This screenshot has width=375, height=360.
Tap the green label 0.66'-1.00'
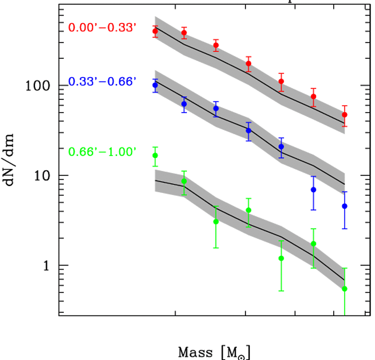tap(102, 152)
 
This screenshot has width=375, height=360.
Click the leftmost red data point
tap(155, 31)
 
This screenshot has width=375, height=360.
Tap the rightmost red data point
tap(345, 115)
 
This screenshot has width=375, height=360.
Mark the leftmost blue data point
tap(155, 85)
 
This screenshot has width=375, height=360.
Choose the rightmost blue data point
tap(345, 206)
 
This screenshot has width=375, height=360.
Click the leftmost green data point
tap(155, 155)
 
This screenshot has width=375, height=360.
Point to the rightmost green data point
tap(345, 289)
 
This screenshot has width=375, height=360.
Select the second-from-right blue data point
tap(313, 190)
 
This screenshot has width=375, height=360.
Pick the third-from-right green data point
tap(281, 258)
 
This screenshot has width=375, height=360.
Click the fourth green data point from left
tap(248, 210)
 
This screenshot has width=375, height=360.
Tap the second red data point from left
tap(184, 33)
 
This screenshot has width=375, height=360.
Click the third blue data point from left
tap(216, 108)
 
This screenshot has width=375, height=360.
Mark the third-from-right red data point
tap(281, 81)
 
